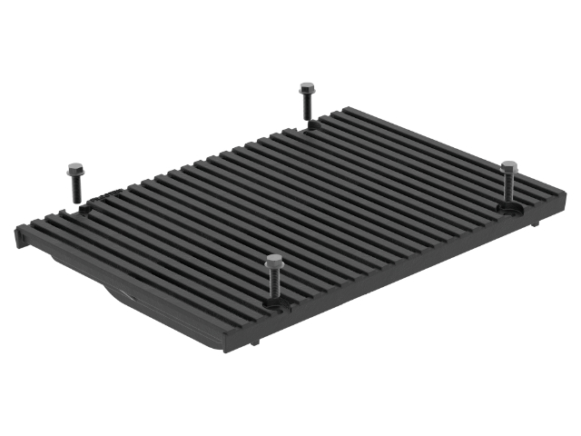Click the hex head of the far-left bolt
click(74, 168)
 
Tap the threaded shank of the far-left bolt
click(74, 189)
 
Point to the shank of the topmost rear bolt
click(308, 108)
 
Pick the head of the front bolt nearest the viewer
click(273, 263)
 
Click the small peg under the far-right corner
click(537, 223)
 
